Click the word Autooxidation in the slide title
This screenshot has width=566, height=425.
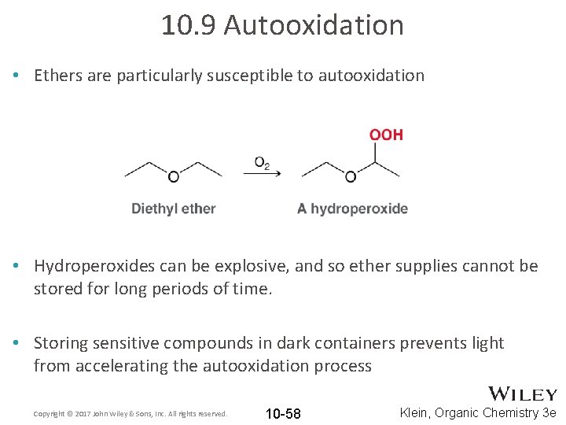point(314,25)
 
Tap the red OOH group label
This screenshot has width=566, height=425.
point(386,135)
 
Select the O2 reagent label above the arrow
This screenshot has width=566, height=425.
point(262,163)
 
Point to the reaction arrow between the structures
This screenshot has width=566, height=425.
point(263,175)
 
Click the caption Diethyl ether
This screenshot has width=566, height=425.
point(173,209)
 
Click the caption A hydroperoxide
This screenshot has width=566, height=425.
point(352,209)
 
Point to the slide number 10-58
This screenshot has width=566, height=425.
point(283,414)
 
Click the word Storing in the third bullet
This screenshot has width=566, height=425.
point(61,343)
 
